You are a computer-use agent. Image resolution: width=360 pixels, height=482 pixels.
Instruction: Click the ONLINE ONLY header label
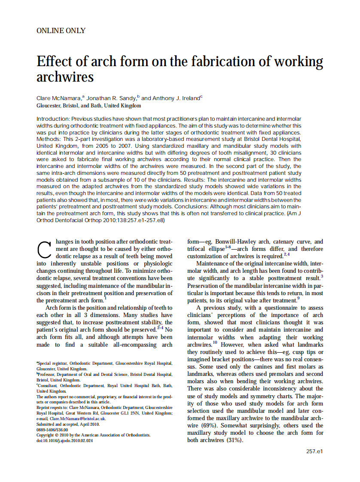coord(61,31)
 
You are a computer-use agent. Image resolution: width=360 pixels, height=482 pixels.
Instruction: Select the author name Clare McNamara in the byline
coord(59,98)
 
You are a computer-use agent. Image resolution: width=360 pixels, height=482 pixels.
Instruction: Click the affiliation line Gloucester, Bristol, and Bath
coord(88,105)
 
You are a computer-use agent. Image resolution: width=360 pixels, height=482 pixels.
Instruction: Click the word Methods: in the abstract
coord(48,139)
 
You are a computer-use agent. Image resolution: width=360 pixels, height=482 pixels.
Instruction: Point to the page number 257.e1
coord(314,451)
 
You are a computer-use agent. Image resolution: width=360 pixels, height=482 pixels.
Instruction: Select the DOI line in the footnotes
coord(64,440)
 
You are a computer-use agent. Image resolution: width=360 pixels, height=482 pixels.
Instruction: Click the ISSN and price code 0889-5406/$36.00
coord(52,429)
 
